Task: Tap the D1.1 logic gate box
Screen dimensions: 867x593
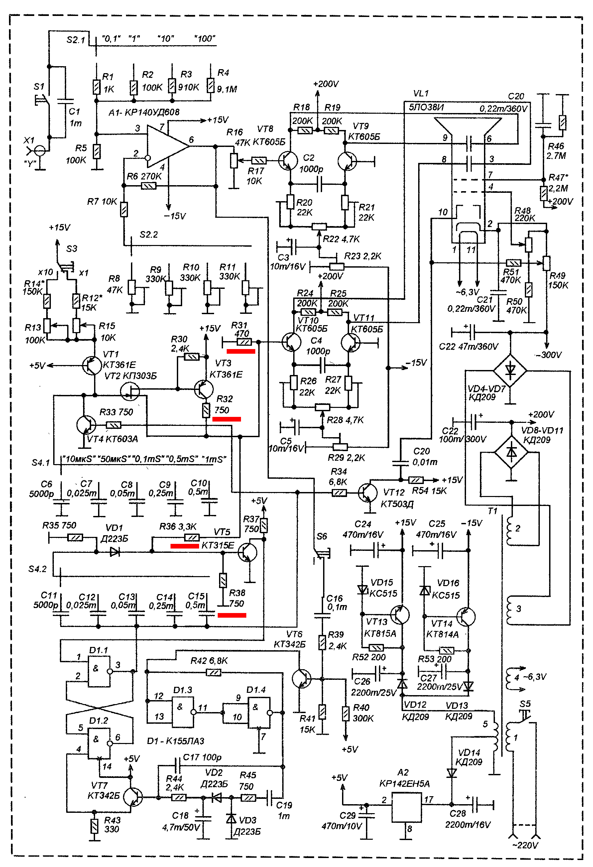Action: pos(99,672)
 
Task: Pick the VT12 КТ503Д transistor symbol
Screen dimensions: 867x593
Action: pos(367,492)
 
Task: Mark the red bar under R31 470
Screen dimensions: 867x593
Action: pos(241,351)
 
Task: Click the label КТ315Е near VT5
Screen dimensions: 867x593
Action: pos(218,546)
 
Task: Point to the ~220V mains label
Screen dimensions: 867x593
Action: pos(525,845)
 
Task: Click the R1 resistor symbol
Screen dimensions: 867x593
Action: pos(97,87)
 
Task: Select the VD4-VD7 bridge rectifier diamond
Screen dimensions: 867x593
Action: pos(510,370)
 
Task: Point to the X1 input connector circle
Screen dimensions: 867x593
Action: pos(40,151)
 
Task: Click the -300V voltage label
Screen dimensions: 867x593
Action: pos(548,355)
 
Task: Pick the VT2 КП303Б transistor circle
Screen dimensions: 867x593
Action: pos(130,391)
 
